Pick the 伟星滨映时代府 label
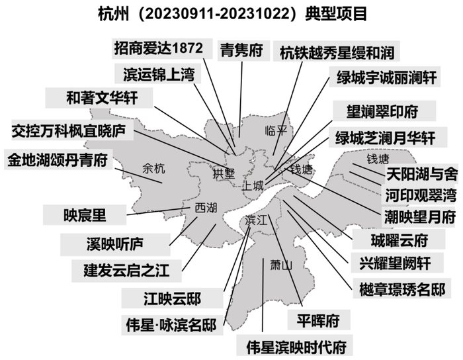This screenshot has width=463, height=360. point(295,345)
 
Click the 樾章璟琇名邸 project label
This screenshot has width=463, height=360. point(401,289)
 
